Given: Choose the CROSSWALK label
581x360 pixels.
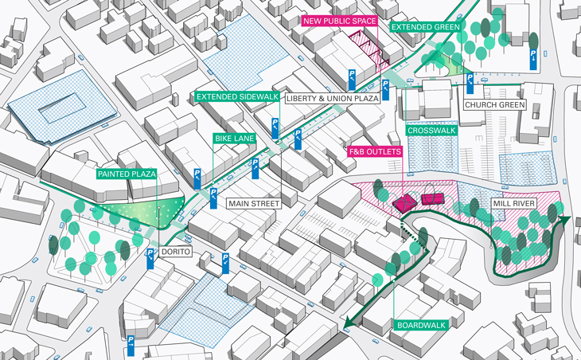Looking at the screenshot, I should [430, 130].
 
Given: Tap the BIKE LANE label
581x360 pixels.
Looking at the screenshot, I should [234, 139].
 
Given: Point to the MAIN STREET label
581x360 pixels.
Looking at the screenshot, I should [254, 204].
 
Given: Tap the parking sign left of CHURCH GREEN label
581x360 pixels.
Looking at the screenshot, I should [470, 81].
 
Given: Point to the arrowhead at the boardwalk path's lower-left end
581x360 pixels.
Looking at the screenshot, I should [350, 323].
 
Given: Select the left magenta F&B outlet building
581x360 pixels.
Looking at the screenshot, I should [405, 202].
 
